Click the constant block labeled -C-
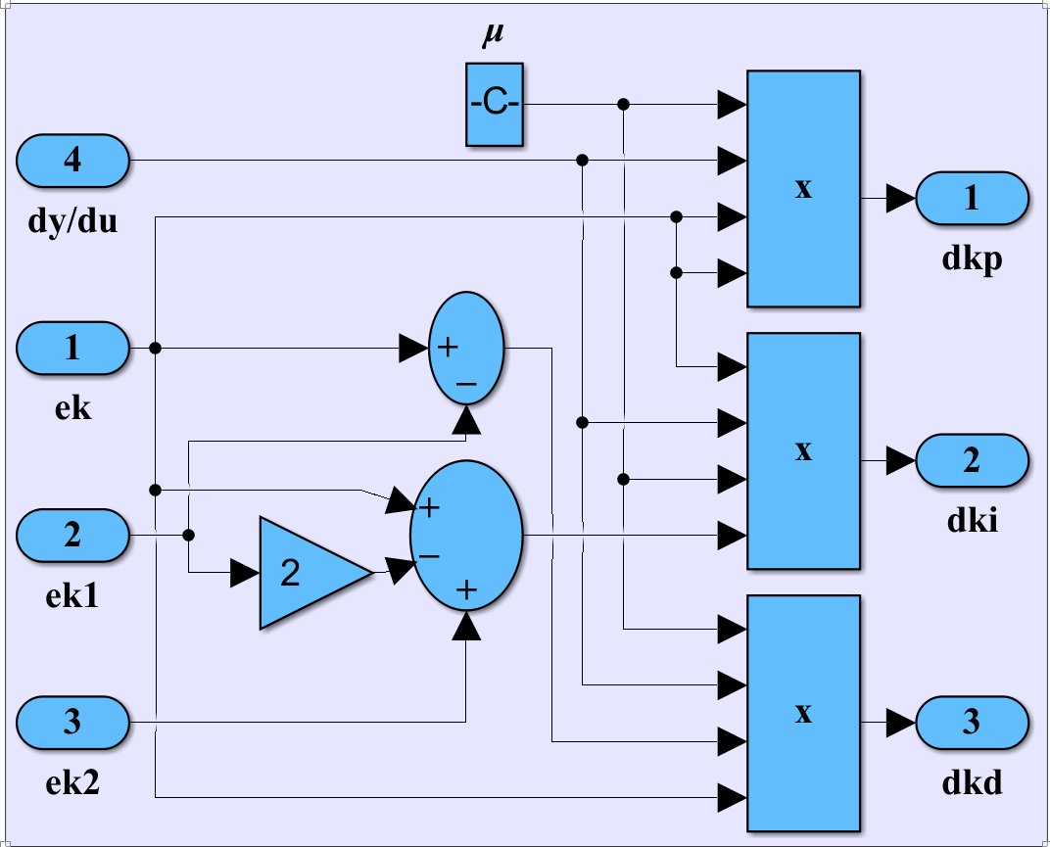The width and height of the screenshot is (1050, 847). click(x=495, y=105)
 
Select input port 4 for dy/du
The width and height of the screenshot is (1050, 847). click(x=72, y=160)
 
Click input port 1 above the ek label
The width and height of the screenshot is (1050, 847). click(x=72, y=348)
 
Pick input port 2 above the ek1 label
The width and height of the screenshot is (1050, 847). click(x=72, y=536)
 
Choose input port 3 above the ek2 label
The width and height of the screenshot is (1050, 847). click(x=72, y=724)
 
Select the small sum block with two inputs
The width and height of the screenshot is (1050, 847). click(x=466, y=348)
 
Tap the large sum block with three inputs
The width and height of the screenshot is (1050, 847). click(x=466, y=536)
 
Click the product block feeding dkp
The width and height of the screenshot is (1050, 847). click(x=803, y=188)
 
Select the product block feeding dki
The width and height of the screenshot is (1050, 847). click(x=803, y=450)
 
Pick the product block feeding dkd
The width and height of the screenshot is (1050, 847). click(x=803, y=713)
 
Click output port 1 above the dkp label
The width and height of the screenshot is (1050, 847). click(x=972, y=199)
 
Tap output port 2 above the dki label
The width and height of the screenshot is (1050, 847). click(x=972, y=460)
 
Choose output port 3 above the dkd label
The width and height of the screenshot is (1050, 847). click(x=972, y=723)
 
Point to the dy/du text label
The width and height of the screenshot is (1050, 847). click(x=72, y=221)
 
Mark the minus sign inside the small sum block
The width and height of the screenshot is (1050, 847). click(x=466, y=386)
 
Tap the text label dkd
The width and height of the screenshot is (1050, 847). click(x=973, y=783)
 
